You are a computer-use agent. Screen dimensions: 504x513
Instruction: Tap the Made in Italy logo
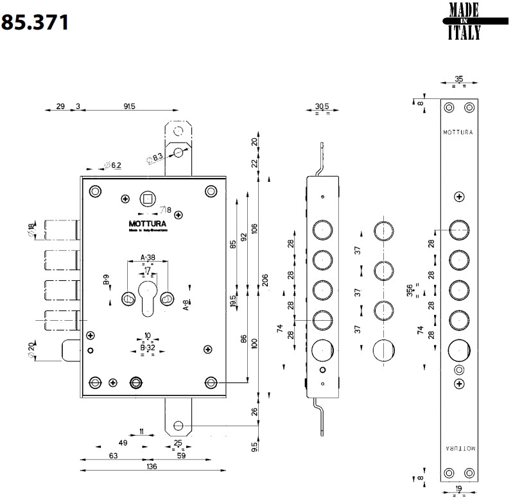click(464, 21)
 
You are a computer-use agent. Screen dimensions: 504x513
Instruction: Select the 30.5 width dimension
click(322, 107)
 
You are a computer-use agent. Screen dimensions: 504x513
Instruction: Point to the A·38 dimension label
click(148, 258)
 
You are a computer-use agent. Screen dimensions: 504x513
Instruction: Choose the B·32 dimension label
click(148, 347)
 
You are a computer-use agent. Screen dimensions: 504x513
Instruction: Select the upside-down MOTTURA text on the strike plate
click(458, 449)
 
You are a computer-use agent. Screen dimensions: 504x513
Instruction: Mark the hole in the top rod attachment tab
click(177, 152)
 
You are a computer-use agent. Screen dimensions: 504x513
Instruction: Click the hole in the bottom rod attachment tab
click(177, 426)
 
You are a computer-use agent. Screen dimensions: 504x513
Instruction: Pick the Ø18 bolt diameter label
click(31, 230)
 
